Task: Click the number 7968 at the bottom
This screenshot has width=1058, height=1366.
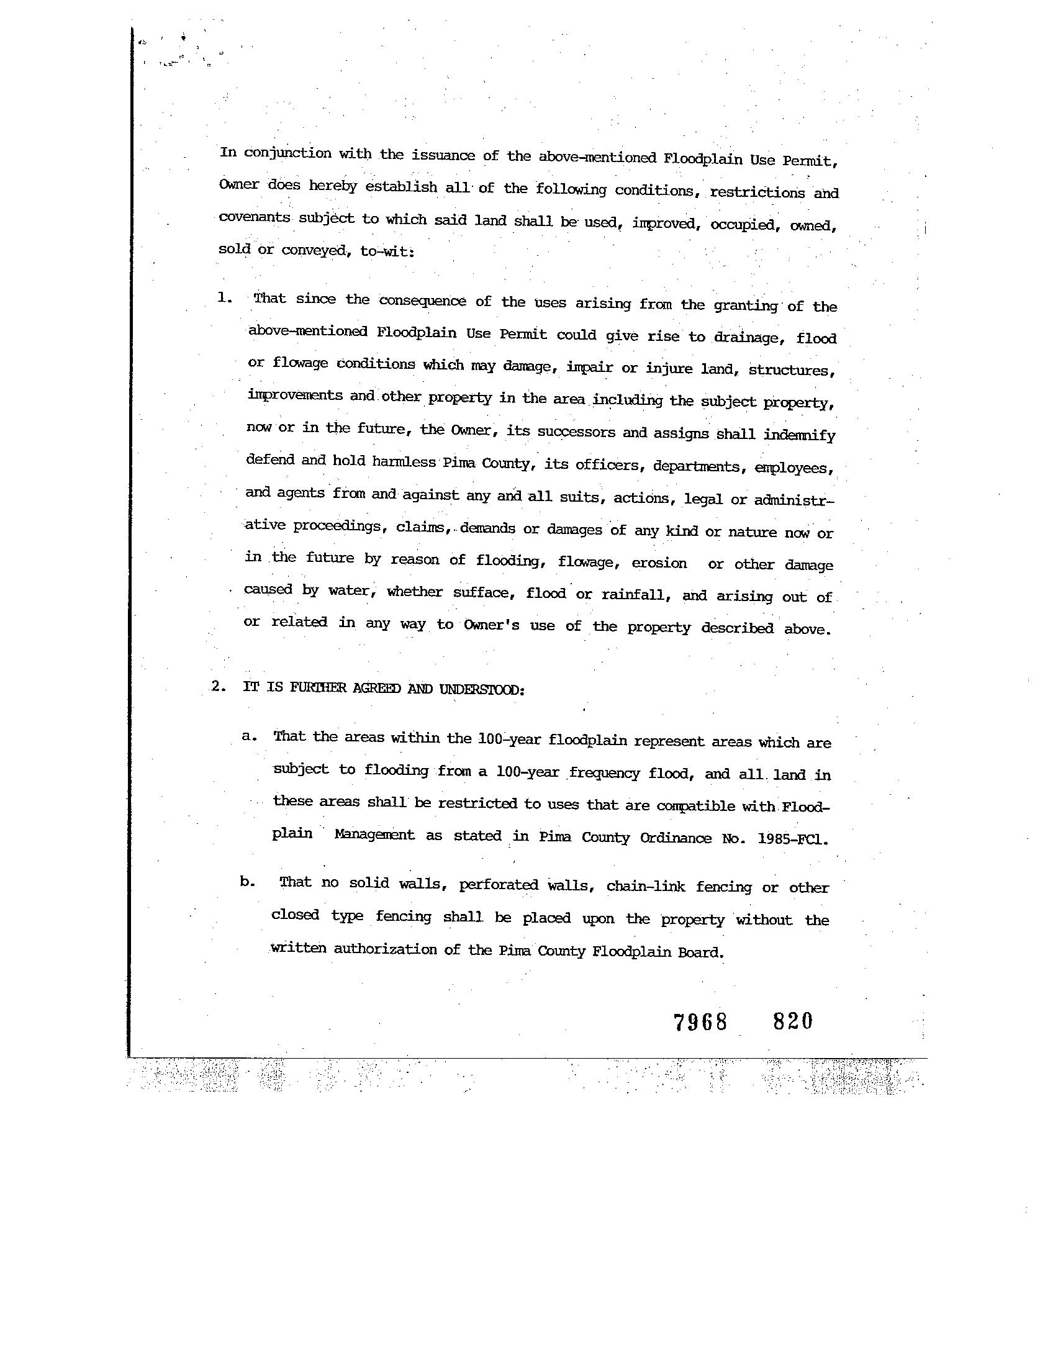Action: click(x=700, y=1022)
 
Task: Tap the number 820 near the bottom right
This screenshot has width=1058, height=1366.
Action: click(x=793, y=1021)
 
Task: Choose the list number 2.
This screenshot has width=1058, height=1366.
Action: click(x=217, y=686)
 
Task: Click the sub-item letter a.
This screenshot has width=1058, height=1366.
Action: click(x=249, y=736)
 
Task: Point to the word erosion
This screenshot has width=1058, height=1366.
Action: click(x=659, y=563)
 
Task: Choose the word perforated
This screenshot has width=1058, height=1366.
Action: click(x=499, y=885)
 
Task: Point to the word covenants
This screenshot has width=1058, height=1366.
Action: click(x=254, y=218)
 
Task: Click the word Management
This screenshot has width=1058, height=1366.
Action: click(x=374, y=835)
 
